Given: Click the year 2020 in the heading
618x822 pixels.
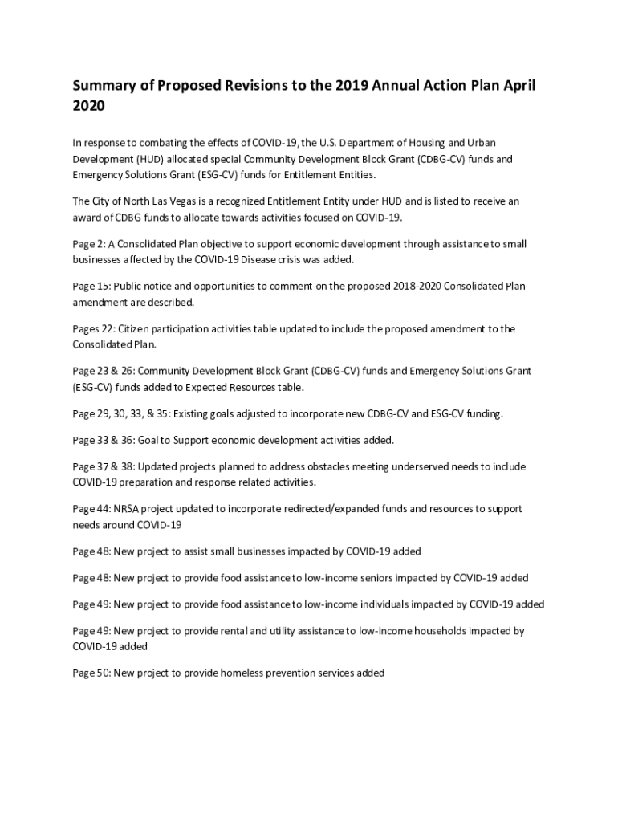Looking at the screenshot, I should click(x=89, y=106).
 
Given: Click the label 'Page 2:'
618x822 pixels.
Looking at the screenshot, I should click(x=88, y=244).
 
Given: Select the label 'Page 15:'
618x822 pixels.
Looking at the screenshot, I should click(x=91, y=287).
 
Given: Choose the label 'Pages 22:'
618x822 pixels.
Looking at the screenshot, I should click(x=94, y=329).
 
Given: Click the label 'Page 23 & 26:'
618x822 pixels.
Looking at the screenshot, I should click(x=103, y=372).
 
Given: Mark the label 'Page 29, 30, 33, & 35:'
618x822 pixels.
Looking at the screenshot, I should click(x=121, y=414).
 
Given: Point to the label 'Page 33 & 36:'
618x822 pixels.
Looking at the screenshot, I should click(x=103, y=441).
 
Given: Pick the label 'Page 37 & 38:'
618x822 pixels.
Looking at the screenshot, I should click(x=103, y=467).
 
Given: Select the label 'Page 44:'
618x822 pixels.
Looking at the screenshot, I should click(x=91, y=510).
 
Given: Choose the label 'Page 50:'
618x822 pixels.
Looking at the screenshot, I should click(x=91, y=673).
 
